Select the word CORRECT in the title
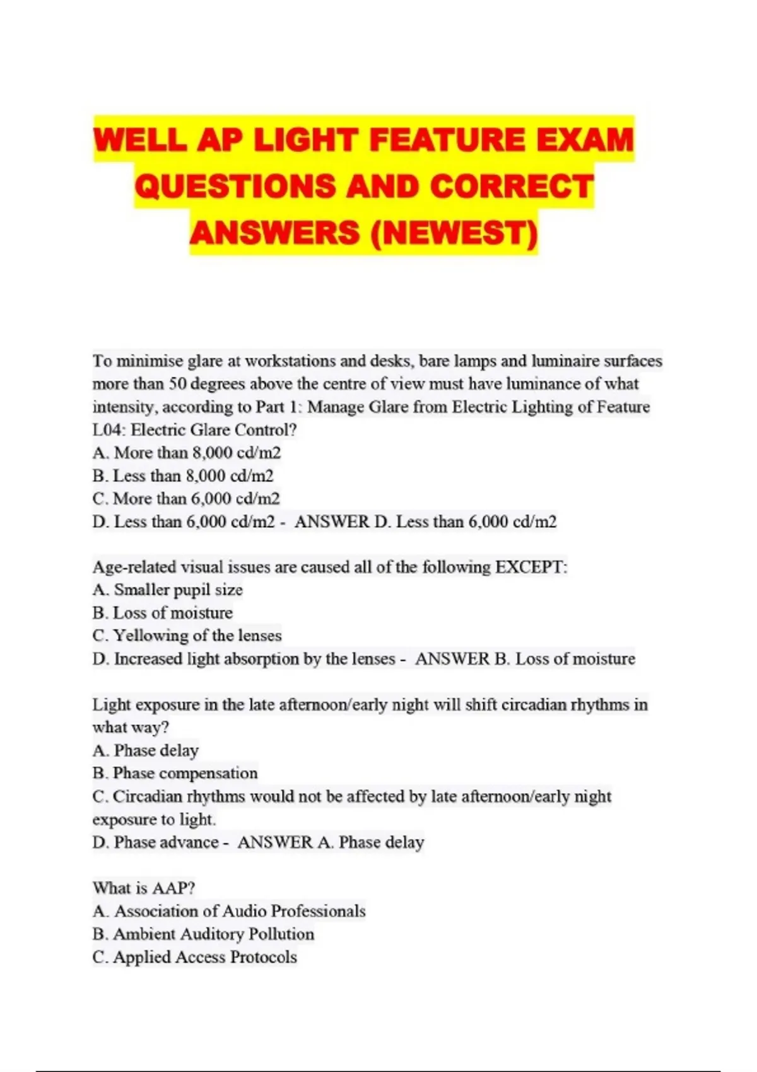click(512, 187)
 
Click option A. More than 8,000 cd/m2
click(187, 453)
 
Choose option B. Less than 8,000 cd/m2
click(183, 476)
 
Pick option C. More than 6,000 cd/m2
click(186, 499)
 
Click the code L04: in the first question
click(109, 430)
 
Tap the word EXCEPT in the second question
click(529, 567)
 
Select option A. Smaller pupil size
click(168, 590)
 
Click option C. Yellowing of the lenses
click(187, 636)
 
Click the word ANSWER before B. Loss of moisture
click(452, 659)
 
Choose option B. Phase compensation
click(175, 773)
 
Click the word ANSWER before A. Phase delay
click(274, 842)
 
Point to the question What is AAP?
click(144, 888)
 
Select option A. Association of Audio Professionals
click(229, 911)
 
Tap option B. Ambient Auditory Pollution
click(203, 934)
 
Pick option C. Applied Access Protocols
click(194, 957)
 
